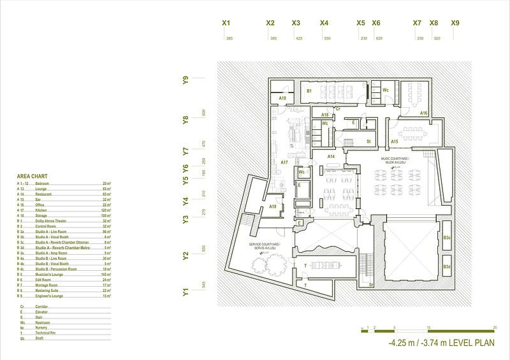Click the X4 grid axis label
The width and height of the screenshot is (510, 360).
point(324,23)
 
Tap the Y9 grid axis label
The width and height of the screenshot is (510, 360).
point(186,80)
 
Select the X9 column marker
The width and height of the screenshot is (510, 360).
point(455,23)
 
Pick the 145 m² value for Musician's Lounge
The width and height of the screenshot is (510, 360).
point(107,275)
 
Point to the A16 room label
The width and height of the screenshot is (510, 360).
point(423,113)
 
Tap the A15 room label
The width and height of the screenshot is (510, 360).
point(395,141)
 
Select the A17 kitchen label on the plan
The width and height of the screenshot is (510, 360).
point(284,162)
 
